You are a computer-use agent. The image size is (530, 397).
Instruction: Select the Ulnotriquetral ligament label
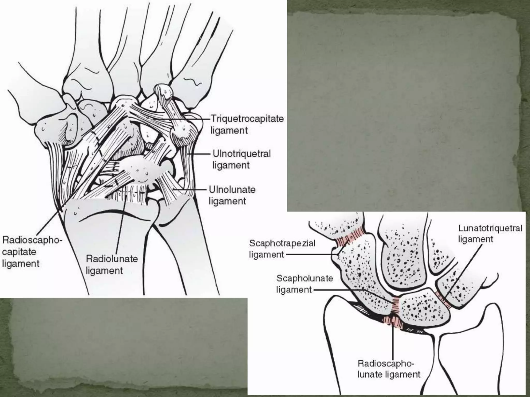coord(241,159)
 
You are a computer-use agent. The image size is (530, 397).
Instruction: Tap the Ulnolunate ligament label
coord(232,195)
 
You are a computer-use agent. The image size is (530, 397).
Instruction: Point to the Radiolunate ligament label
coord(112,264)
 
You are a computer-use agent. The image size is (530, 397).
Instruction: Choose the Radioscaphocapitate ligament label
coord(32,252)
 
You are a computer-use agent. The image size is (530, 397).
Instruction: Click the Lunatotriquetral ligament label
coord(490,234)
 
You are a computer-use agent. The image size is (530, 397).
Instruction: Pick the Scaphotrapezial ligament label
coord(282,249)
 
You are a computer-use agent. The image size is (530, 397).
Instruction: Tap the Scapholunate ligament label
coord(304,284)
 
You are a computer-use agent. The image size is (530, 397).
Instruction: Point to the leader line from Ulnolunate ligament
coord(192,190)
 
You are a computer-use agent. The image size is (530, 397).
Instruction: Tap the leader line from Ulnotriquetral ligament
coord(201,154)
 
